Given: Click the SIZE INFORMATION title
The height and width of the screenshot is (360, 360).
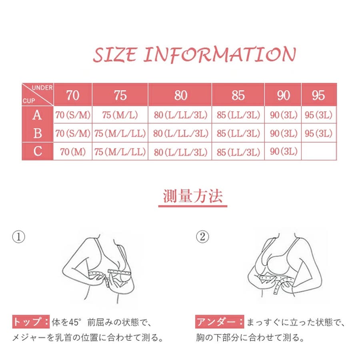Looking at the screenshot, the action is click(194, 54).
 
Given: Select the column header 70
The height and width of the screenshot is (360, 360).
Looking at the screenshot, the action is click(73, 95).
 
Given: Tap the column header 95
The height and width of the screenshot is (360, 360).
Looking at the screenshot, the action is click(318, 95).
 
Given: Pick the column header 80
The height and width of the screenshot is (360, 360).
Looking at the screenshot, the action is click(181, 95).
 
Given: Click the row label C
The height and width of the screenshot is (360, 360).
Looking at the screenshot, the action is click(38, 151).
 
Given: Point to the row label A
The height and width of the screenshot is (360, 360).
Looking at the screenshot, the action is click(37, 115).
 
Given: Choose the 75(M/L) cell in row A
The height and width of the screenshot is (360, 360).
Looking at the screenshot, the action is click(120, 115).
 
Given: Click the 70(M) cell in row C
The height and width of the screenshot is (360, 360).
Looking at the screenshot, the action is click(73, 152).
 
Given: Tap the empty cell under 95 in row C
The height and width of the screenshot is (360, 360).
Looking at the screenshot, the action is click(319, 151).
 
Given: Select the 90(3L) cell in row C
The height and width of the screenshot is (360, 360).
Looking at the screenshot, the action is click(284, 151).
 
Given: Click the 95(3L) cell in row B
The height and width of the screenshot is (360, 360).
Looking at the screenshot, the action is click(319, 133).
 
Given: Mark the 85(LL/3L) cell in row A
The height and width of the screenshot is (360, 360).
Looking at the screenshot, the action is click(238, 115).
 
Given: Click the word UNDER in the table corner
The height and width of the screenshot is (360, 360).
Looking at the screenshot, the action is click(42, 88).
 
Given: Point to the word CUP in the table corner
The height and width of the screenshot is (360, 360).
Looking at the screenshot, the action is click(29, 101).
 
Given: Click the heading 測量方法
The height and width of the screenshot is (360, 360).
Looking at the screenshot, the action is click(193, 196).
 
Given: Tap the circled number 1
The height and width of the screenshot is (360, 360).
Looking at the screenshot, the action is click(18, 237).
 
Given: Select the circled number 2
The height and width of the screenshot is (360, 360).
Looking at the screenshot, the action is click(202, 237).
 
